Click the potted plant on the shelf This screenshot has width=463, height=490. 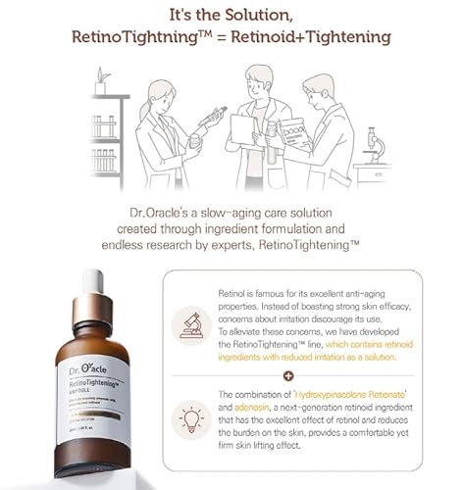coord(100,82)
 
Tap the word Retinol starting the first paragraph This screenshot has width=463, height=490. coord(232,293)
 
